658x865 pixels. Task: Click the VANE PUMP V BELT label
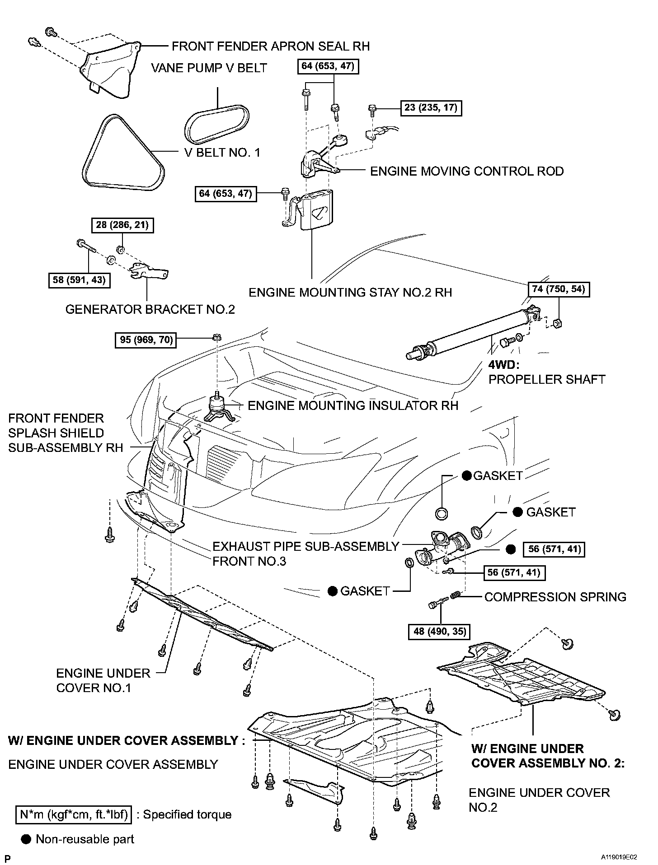(x=209, y=68)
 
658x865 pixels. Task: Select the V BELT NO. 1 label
(x=222, y=153)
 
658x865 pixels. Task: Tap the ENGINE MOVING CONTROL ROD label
(x=467, y=172)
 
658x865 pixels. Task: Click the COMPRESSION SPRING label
(x=555, y=597)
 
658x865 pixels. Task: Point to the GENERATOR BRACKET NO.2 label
(x=150, y=309)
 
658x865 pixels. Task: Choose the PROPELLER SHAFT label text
(x=546, y=379)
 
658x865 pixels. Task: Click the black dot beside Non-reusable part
(x=27, y=839)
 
